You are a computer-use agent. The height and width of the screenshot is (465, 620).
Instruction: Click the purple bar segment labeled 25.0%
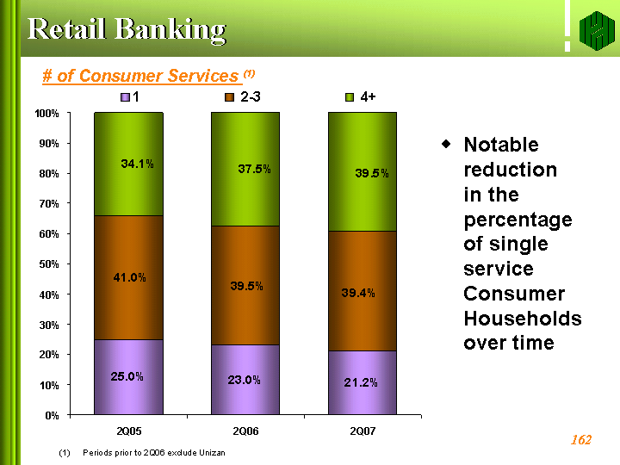128,377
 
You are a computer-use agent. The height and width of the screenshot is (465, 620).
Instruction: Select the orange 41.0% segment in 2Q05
128,277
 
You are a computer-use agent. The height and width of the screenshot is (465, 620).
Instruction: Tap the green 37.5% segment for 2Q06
245,170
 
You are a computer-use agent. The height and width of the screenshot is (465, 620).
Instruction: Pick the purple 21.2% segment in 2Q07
363,382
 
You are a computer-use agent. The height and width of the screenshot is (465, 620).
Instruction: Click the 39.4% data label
358,293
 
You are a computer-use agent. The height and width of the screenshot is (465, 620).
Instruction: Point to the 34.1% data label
137,164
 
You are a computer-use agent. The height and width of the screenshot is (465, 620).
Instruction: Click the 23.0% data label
244,380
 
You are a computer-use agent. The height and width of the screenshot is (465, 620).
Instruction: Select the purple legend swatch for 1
125,97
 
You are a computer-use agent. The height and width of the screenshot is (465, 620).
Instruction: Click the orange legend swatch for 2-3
229,97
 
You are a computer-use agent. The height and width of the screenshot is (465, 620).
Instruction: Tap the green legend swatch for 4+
350,97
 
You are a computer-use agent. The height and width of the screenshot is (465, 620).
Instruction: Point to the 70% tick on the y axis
49,204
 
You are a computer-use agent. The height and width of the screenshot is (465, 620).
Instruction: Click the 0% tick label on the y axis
52,416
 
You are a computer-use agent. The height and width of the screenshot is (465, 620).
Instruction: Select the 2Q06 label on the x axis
245,431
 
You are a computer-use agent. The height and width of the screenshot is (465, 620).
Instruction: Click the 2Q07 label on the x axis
363,431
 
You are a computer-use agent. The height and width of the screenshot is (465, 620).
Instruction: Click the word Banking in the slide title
170,30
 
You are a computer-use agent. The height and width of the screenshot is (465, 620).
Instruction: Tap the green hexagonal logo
597,31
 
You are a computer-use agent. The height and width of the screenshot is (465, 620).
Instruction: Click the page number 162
581,440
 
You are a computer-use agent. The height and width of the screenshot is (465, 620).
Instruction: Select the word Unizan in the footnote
212,453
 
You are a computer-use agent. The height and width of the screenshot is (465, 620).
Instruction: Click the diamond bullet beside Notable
446,144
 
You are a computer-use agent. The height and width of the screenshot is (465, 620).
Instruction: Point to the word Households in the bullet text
523,319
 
